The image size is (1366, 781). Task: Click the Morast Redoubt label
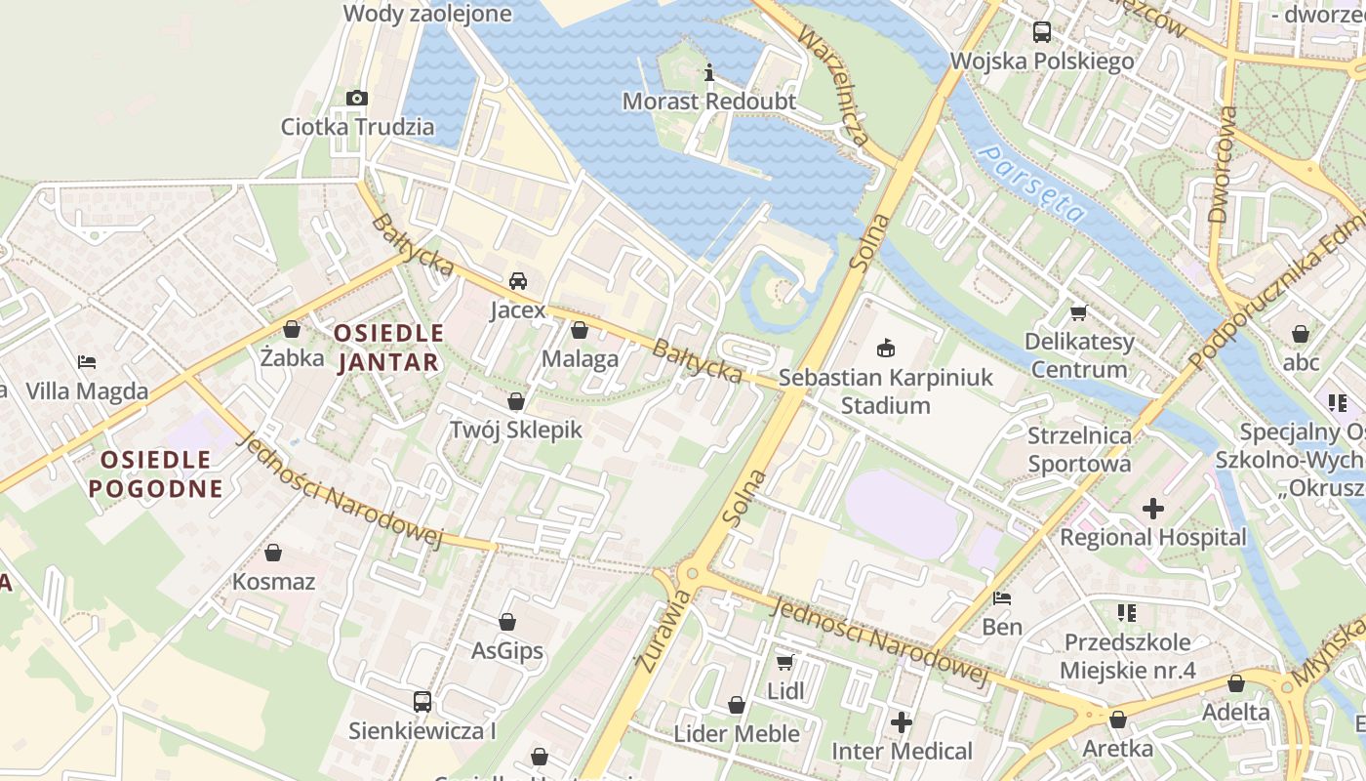(709, 102)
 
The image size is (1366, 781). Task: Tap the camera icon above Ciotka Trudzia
(357, 98)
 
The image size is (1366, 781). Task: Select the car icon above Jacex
(518, 281)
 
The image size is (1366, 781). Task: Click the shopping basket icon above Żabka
(292, 329)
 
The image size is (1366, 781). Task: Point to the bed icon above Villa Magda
(87, 362)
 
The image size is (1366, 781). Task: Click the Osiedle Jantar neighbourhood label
(388, 348)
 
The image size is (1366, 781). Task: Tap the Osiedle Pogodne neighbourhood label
(155, 473)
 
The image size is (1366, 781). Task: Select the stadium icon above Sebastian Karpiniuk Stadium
(886, 348)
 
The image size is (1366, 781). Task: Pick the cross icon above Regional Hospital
(1153, 508)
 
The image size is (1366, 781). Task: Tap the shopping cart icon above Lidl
(784, 662)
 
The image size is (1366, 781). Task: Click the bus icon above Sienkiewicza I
(422, 701)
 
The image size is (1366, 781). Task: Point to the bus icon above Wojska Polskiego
(1042, 32)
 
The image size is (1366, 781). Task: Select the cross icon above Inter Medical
(902, 722)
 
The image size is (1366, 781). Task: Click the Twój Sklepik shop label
(515, 430)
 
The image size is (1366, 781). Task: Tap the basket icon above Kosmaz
(273, 553)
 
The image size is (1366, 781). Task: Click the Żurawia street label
(663, 630)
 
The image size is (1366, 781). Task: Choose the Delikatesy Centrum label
(1079, 355)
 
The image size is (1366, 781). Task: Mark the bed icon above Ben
(1001, 597)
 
